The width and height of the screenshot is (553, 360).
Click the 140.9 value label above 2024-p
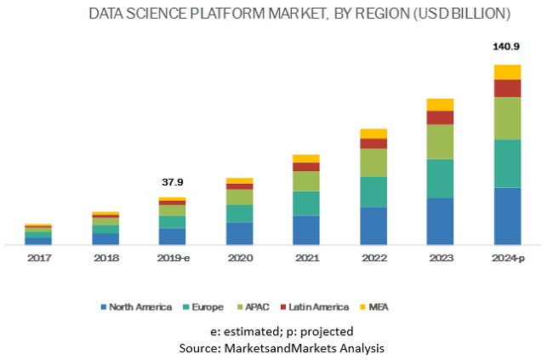507,48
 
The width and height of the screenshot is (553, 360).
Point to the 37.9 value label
172,182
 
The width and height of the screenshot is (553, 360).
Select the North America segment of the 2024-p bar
507,215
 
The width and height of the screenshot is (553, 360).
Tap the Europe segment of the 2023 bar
440,178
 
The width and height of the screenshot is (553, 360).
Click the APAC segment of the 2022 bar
373,163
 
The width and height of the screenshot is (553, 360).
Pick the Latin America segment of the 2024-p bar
507,88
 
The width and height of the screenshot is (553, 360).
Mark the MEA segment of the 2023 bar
440,104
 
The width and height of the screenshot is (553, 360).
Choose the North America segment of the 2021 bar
306,230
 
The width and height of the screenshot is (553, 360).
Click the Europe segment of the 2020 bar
239,213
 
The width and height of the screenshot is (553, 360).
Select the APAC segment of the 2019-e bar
172,209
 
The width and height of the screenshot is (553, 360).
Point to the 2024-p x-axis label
507,256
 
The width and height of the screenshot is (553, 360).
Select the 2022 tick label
373,256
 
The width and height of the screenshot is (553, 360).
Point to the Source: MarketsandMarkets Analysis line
281,348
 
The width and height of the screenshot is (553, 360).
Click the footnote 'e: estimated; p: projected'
281,331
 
